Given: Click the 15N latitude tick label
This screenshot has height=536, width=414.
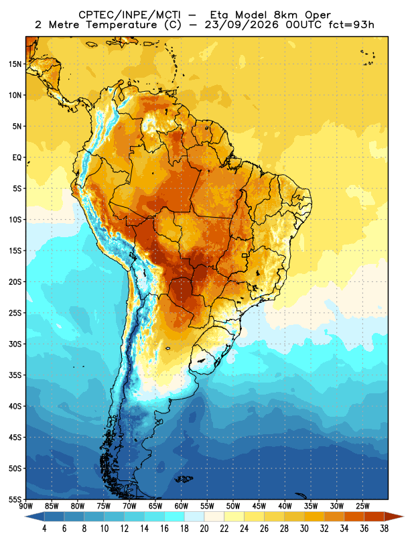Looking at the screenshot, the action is (x=15, y=64).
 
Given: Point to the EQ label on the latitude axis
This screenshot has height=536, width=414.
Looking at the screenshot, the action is (x=17, y=157).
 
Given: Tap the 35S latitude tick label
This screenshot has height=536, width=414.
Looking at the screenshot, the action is (x=15, y=375).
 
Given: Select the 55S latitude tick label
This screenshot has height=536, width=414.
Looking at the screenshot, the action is (x=15, y=499).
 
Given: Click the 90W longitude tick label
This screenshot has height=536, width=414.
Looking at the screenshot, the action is (x=25, y=506).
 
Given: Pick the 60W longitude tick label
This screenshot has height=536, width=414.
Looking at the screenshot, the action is (x=181, y=506).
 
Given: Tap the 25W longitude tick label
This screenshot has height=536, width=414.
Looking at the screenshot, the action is (x=362, y=506).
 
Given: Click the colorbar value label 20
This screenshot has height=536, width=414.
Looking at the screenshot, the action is (x=204, y=529).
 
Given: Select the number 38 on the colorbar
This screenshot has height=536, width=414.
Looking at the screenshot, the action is (x=384, y=529).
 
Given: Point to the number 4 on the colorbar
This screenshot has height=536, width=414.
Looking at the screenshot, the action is (x=44, y=529).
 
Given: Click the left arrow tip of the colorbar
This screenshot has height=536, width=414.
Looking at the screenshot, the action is (x=25, y=517).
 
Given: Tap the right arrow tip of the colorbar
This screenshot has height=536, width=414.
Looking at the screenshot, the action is (x=403, y=517).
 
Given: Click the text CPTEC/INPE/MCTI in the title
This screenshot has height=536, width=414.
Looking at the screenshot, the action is (x=129, y=15).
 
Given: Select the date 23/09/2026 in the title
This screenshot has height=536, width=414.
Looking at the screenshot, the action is (x=241, y=25).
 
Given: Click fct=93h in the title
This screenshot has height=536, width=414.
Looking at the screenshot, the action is (x=351, y=25).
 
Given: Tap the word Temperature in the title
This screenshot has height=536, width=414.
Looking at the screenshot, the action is (x=121, y=25).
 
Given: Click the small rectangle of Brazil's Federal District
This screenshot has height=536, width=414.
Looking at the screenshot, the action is (x=245, y=255).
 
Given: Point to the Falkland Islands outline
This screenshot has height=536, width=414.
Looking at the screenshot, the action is (x=184, y=479).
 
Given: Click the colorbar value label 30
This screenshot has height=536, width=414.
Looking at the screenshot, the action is (x=304, y=529).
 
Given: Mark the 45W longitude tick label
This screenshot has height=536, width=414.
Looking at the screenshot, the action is (x=259, y=506).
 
